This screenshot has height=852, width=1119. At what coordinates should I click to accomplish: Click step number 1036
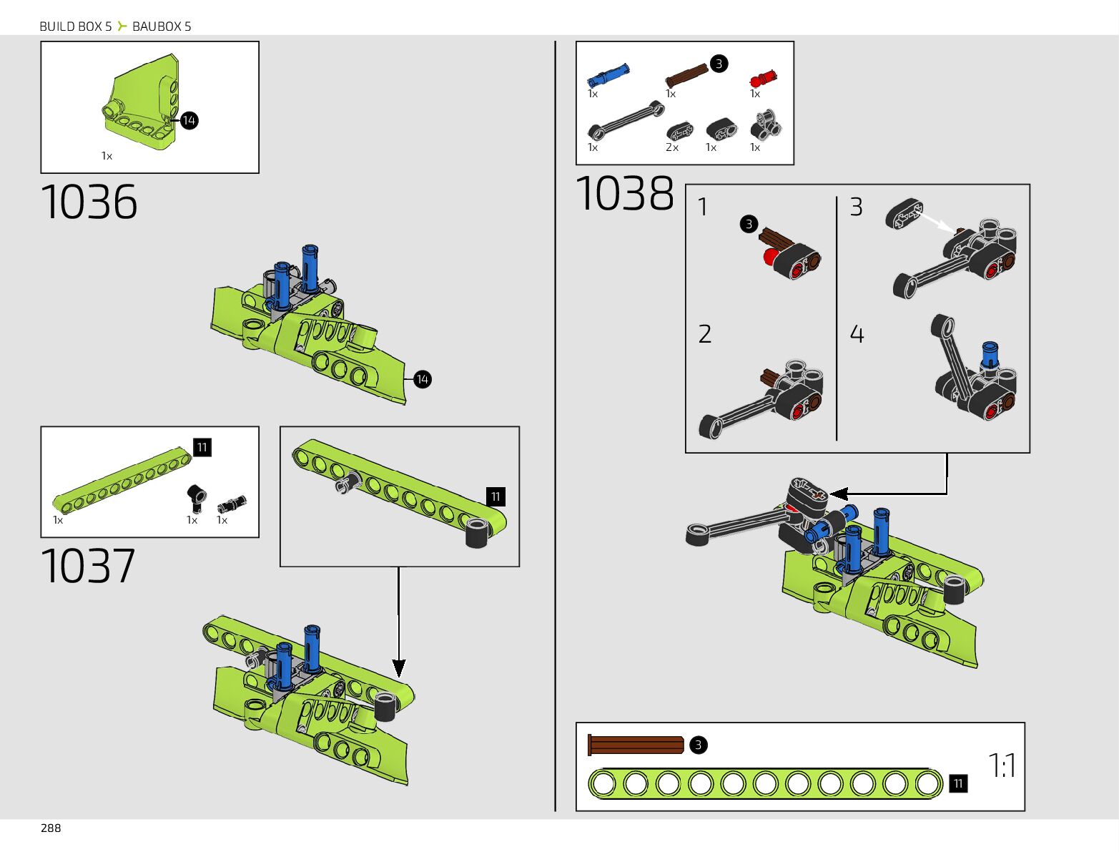89,202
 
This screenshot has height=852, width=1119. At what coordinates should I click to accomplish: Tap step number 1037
88,566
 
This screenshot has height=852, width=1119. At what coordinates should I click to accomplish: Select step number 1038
624,194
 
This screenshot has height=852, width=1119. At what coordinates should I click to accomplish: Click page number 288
51,828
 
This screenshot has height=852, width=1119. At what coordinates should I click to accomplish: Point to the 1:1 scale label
1002,765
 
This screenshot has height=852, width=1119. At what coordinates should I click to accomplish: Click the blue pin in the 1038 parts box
608,74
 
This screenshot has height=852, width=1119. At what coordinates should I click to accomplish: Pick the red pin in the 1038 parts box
762,78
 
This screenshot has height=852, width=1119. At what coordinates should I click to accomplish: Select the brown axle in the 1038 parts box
686,74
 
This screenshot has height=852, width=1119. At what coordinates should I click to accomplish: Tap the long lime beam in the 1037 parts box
122,479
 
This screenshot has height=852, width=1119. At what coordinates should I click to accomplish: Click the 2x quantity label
672,147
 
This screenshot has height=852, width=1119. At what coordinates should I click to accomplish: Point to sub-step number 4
857,334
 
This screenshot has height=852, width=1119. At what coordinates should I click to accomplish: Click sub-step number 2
705,334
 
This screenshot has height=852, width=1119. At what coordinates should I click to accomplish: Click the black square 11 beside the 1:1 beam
958,784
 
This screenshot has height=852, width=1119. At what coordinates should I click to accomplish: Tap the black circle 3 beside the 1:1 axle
698,745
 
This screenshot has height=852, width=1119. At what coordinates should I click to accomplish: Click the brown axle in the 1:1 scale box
636,745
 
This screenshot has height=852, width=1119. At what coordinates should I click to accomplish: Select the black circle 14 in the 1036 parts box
189,120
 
